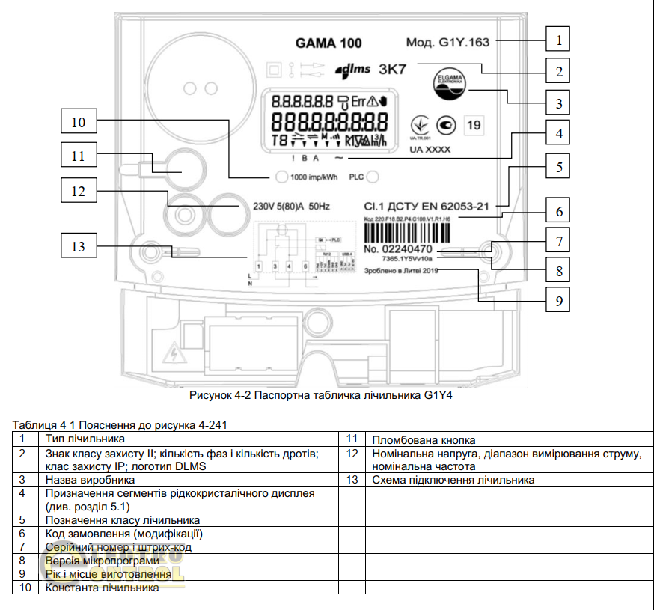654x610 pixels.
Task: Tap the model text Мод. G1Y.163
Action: coord(447,42)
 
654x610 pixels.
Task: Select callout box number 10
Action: coord(79,121)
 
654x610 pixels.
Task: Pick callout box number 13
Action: coord(79,245)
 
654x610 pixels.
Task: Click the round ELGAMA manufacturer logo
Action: coord(448,84)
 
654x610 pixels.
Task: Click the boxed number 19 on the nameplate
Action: coord(473,125)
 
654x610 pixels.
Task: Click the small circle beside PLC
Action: coord(372,177)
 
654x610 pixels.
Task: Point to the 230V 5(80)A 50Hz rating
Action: coord(287,206)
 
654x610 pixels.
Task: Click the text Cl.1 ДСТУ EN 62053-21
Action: coord(426,205)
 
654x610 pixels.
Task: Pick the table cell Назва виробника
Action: coord(90,479)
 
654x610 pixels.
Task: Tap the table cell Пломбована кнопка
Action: coord(424,440)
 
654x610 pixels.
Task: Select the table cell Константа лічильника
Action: coord(102,588)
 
